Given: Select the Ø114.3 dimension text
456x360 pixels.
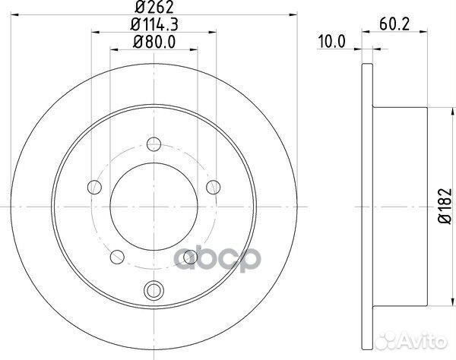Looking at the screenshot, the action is coord(154,24).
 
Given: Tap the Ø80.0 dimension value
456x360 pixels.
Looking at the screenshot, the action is coord(154,42).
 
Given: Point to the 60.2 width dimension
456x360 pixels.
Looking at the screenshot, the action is coord(394,24).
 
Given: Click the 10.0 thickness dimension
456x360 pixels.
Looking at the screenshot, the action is coord(331,42).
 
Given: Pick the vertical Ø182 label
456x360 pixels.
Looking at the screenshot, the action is coord(445,206).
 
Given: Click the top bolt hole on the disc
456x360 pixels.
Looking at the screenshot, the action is coord(154,144).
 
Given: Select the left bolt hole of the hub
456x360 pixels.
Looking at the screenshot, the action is coord(94,187).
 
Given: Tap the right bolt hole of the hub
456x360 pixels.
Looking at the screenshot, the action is coord(213,187).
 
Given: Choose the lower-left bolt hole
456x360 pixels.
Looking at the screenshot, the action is coord(117,257).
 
